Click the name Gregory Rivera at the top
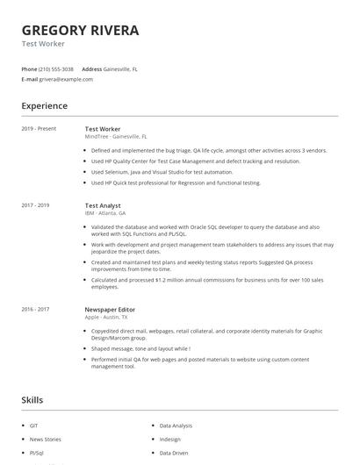(x=80, y=30)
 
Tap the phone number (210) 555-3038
(x=56, y=68)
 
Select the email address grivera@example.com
(x=66, y=79)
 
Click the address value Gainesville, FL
(x=121, y=68)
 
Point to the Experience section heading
(x=44, y=106)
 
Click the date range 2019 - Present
(x=39, y=129)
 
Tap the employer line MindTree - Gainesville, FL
(x=116, y=137)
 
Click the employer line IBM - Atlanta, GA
(x=105, y=213)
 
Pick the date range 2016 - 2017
(x=35, y=309)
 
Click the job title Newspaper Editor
(x=110, y=309)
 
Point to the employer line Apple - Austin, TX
(x=108, y=318)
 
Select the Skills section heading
(x=32, y=399)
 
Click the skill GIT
(x=34, y=425)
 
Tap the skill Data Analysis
(x=176, y=425)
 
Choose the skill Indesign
(x=170, y=439)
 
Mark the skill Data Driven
(x=174, y=453)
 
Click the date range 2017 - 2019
(x=35, y=204)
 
